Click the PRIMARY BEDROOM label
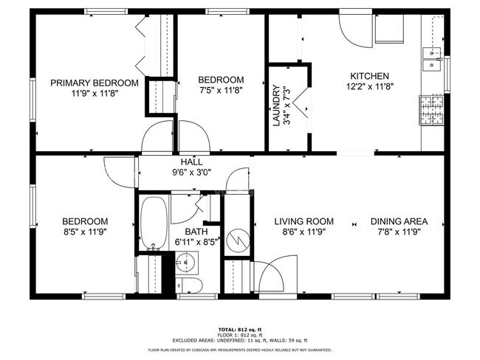tap(94, 83)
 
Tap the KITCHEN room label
tap(369, 76)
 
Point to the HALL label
tap(191, 162)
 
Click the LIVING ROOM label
tap(304, 221)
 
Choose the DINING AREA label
tap(399, 221)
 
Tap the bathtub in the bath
tap(154, 224)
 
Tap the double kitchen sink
tap(432, 59)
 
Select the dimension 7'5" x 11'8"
tap(222, 90)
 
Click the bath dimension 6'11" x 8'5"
tap(196, 240)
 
